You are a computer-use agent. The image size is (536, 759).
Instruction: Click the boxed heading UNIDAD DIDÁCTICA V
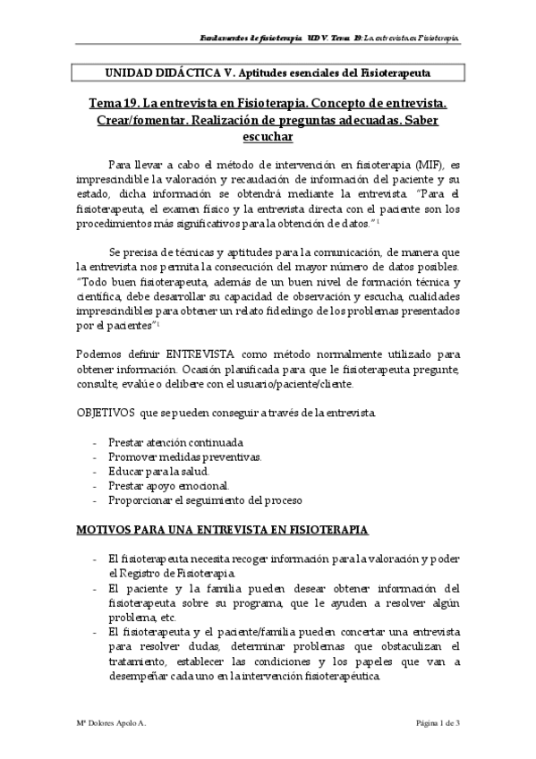click(268, 71)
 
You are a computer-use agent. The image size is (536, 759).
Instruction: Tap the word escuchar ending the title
click(268, 137)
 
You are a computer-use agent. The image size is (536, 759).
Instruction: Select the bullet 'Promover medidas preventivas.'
click(184, 456)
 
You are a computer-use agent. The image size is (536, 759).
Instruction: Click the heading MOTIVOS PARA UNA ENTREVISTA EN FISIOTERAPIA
click(222, 530)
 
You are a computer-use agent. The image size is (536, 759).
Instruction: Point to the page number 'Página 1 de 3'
click(436, 722)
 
